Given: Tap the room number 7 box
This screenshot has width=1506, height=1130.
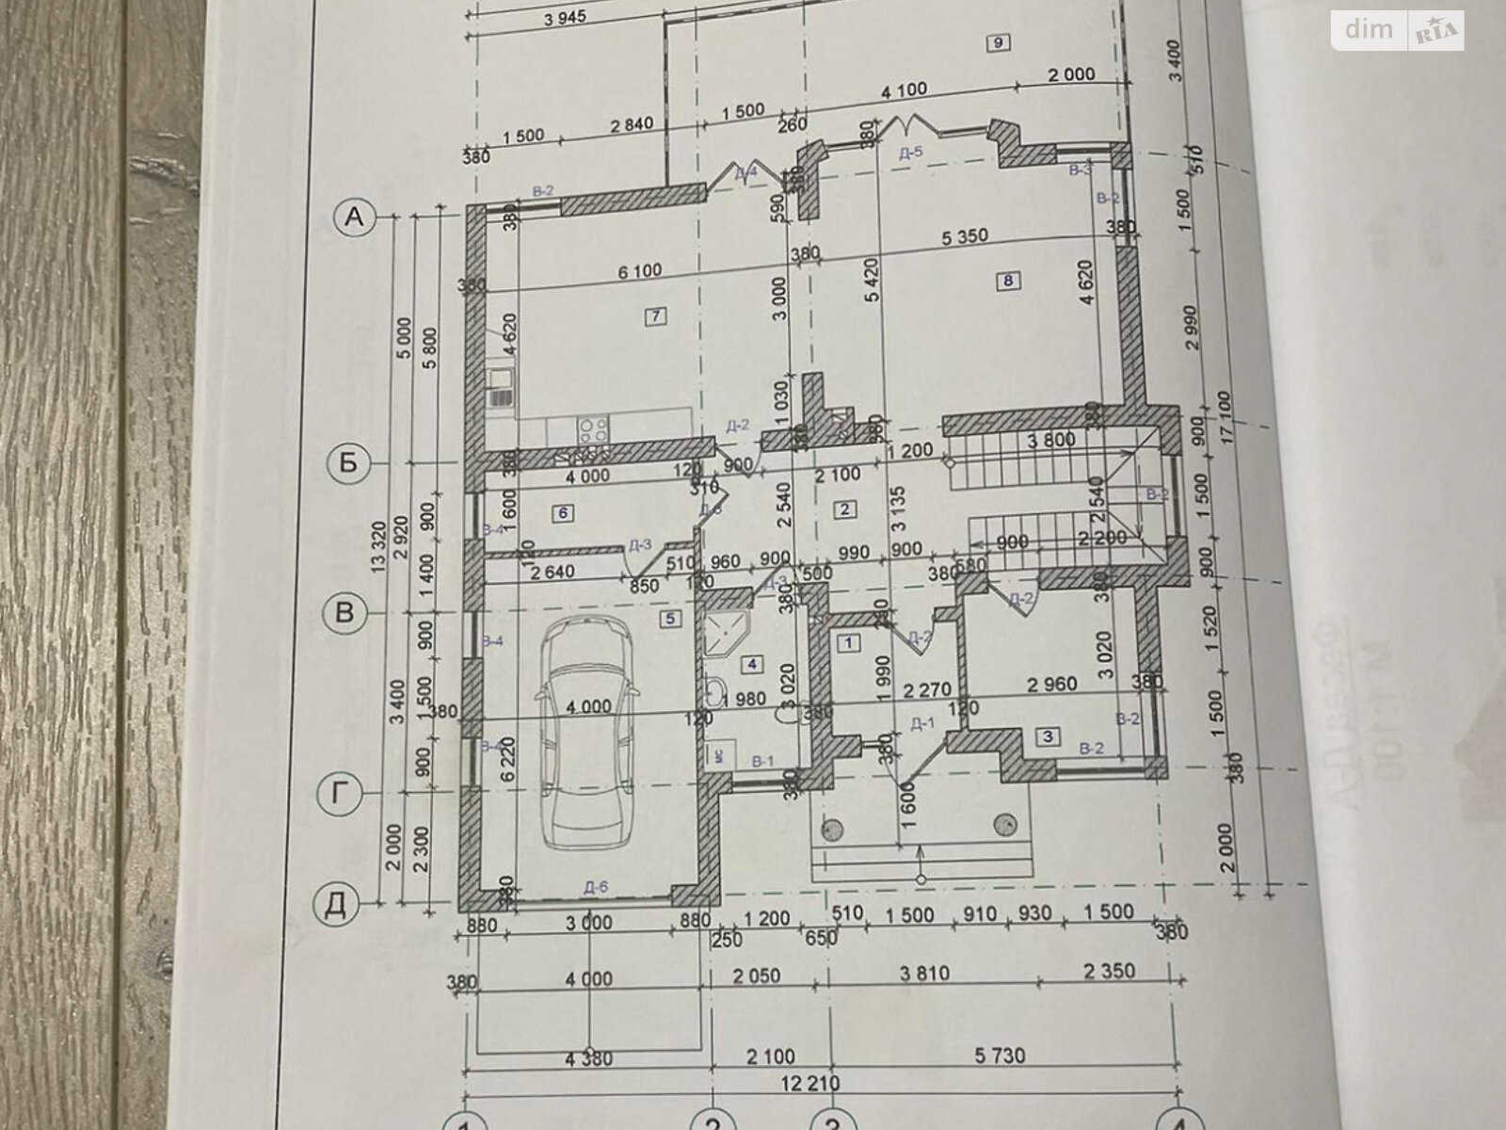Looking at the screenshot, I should pos(655,316).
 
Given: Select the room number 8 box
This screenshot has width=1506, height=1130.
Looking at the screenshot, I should pos(1008,280).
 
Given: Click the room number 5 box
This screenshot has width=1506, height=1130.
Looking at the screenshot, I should pos(670,619).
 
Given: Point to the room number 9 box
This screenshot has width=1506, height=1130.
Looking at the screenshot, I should pos(996,41).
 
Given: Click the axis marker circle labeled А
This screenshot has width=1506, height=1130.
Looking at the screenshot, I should pos(354,218).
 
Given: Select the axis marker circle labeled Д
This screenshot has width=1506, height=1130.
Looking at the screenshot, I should pos(337,904).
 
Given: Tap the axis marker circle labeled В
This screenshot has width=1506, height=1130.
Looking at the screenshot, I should pos(344,613).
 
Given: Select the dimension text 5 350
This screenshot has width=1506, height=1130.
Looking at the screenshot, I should pos(965,236).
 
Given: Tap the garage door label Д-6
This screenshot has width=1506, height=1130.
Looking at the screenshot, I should pos(596,886).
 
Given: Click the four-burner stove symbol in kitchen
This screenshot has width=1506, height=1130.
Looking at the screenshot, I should pos(593,430).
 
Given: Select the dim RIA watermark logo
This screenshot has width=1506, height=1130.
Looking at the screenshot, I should pos(1398,30).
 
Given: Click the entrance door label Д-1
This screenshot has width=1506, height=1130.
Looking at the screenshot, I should pos(921,723).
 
